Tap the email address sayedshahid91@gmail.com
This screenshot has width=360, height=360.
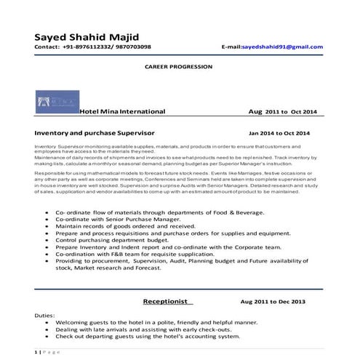pos(282,47)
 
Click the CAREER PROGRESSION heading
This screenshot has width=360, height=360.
pos(179,66)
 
